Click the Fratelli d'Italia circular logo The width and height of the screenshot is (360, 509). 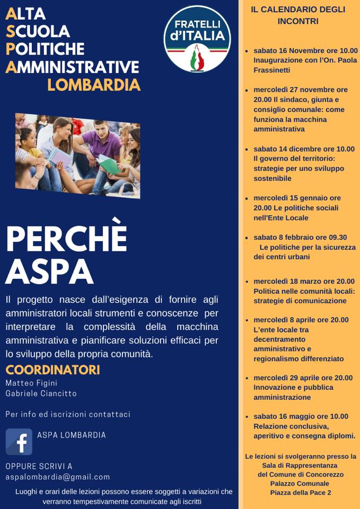[x=198, y=39]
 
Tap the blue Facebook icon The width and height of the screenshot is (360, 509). [x=19, y=442]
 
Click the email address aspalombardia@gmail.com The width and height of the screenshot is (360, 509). [x=58, y=477]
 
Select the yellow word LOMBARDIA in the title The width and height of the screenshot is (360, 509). [x=94, y=85]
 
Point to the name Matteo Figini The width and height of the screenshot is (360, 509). [x=31, y=383]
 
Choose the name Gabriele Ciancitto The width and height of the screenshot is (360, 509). [x=41, y=393]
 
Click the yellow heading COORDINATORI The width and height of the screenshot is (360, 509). [x=52, y=370]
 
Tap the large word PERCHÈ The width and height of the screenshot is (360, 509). [x=66, y=240]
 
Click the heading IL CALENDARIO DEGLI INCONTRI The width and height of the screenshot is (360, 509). [x=298, y=15]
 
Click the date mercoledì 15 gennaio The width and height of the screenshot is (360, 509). [x=289, y=198]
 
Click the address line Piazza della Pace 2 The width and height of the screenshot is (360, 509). [x=300, y=493]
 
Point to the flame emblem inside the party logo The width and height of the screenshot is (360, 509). [x=198, y=57]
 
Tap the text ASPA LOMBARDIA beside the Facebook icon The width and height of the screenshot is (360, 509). [x=72, y=435]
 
